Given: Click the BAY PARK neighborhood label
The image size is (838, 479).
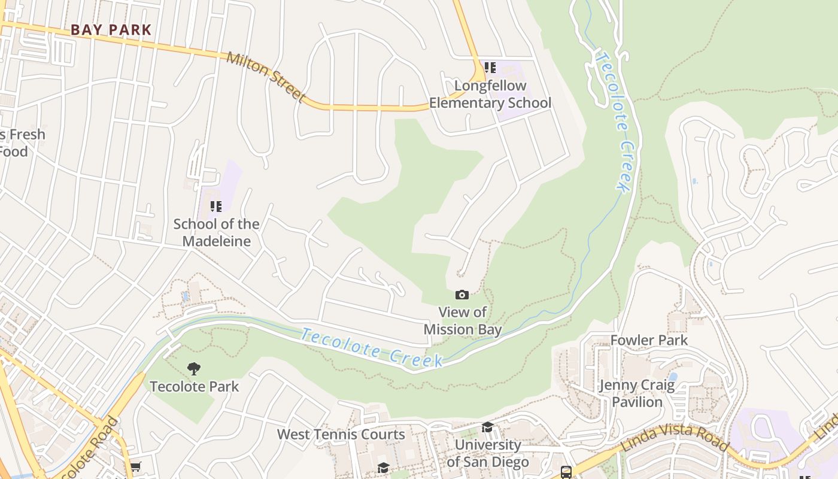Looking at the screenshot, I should point(111,29).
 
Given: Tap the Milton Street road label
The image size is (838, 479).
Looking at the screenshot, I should point(266,77).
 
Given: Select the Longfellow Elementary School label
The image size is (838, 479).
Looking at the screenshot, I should point(490,94).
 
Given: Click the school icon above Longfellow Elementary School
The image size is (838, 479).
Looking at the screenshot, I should point(490,68).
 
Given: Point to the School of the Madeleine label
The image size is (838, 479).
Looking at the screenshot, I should point(216,232).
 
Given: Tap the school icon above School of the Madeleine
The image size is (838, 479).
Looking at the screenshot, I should point(216,207).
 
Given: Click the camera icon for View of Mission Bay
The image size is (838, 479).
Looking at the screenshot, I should point(462,295).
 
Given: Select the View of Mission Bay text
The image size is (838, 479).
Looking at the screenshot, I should point(463,320).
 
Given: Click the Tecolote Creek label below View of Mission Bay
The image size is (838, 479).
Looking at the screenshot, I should point(372,348).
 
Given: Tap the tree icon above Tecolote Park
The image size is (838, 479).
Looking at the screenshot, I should point(194,368).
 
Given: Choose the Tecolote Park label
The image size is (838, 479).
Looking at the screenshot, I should point(194,386).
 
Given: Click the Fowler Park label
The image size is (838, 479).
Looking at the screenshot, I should point(649,340).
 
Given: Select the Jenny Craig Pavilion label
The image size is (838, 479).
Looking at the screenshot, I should point(637,393).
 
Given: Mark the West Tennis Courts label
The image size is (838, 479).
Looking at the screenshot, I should point(341,434).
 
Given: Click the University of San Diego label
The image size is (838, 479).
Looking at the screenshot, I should point(488,453).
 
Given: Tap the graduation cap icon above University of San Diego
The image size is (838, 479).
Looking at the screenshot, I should point(488,427).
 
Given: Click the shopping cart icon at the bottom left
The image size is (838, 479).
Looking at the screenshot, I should point(136,466).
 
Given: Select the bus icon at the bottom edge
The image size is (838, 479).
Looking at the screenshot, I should point(566,472).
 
